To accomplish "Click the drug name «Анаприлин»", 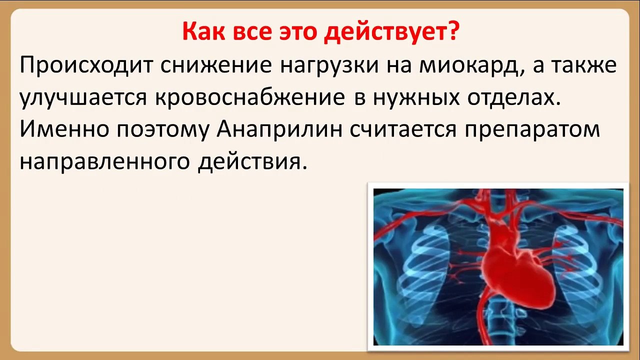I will (x=280, y=129).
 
